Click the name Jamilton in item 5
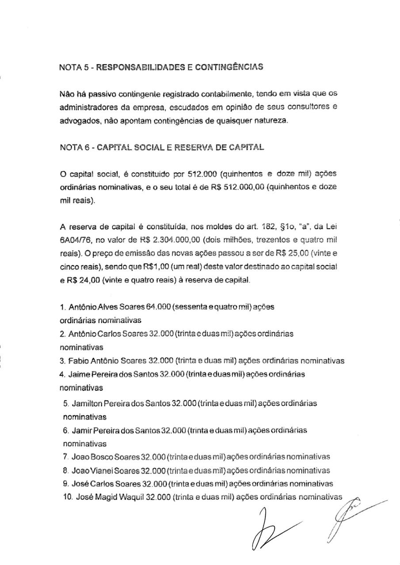87,403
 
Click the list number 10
68,497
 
